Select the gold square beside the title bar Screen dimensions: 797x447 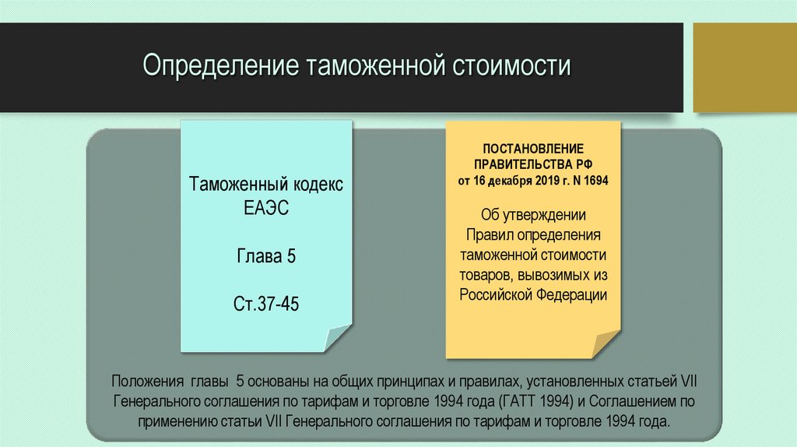pyautogui.click(x=744, y=67)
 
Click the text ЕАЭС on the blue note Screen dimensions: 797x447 pyautogui.click(x=265, y=210)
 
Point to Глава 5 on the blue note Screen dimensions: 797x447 pyautogui.click(x=265, y=257)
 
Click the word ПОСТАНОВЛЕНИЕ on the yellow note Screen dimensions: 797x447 pyautogui.click(x=533, y=148)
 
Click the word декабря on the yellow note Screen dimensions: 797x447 pyautogui.click(x=508, y=181)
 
